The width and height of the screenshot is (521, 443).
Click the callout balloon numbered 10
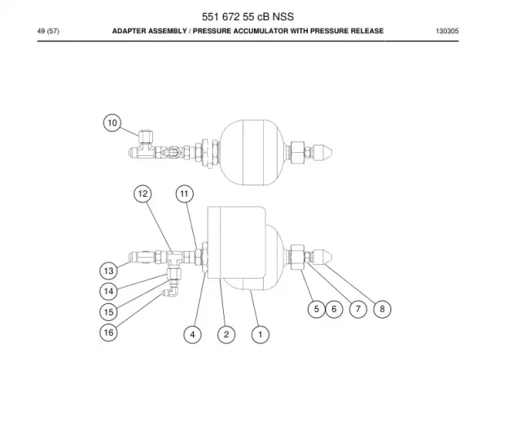coord(112,123)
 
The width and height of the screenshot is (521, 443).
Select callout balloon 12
coord(142,193)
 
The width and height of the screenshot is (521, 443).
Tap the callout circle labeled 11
coord(185,193)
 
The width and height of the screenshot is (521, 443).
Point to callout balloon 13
coord(108,271)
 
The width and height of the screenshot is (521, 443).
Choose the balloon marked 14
coord(108,291)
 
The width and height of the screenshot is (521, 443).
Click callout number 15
coord(108,312)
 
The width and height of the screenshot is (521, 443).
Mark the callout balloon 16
coord(108,332)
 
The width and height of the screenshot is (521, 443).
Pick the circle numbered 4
coord(192,335)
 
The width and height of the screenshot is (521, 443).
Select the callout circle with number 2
coord(226,335)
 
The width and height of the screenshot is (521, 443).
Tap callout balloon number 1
coord(260,335)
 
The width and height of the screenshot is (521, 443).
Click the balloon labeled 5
coord(317,309)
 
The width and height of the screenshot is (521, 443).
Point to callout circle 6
coord(334,309)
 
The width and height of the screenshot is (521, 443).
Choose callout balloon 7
coord(358,309)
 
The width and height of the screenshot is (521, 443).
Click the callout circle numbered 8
coord(382,309)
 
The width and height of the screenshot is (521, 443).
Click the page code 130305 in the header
coord(447,31)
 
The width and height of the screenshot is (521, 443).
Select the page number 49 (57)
coord(48,31)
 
